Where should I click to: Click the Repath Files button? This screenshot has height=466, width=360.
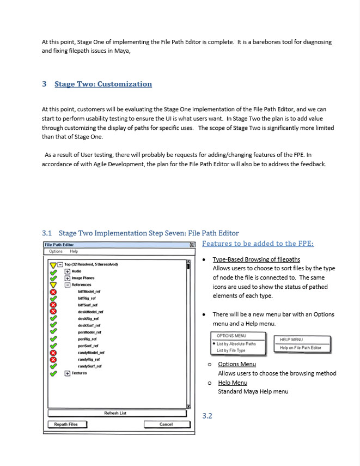coord(66,424)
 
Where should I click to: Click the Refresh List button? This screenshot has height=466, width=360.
coord(115,413)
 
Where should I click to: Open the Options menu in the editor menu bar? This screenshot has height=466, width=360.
coord(56,251)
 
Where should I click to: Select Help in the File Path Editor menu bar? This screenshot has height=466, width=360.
coord(74,251)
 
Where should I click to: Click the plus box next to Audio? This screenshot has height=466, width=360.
coord(68,271)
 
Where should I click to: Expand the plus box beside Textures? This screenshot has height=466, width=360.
coord(68,373)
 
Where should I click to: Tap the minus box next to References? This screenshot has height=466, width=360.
coord(68,285)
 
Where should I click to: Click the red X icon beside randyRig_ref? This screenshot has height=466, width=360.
coord(53,359)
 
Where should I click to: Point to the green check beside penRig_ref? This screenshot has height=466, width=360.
coord(53,339)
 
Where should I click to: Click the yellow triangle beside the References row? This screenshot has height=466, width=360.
coord(53,285)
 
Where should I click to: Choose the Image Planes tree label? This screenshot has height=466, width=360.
coord(83,278)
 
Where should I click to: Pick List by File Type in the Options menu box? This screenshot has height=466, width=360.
coord(231,350)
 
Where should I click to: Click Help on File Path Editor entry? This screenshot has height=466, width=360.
coord(301,348)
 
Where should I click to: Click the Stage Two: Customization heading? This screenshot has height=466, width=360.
coord(103,84)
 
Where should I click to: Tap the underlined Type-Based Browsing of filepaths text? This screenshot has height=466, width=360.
coord(256,259)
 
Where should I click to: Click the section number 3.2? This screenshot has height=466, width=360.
coord(207,416)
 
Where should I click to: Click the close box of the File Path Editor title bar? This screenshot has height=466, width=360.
coord(192,245)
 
